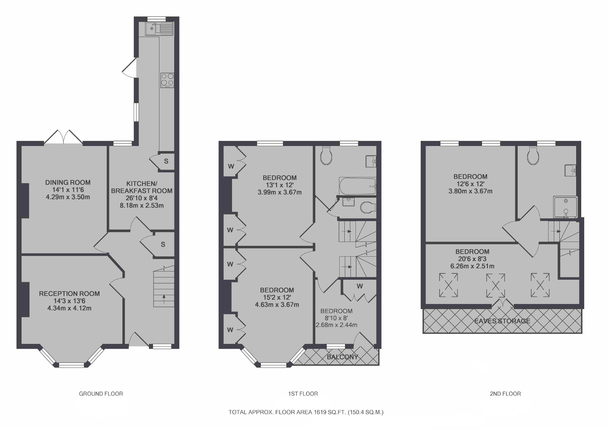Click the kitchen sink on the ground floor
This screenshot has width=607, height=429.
pyautogui.click(x=159, y=29)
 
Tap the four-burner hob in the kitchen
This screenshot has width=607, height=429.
pyautogui.click(x=167, y=80)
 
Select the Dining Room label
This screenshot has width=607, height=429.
pyautogui.click(x=68, y=182)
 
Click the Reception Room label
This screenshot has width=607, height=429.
pyautogui.click(x=69, y=293)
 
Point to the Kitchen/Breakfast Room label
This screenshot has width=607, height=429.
pyautogui.click(x=142, y=187)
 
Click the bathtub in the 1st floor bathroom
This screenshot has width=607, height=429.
pyautogui.click(x=358, y=186)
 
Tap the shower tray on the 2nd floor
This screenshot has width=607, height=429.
pyautogui.click(x=565, y=207)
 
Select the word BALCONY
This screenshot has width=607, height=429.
pyautogui.click(x=343, y=357)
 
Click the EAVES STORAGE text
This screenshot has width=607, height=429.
pyautogui.click(x=502, y=321)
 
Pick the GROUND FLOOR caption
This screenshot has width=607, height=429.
pyautogui.click(x=101, y=394)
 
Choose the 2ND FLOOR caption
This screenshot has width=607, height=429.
pyautogui.click(x=505, y=394)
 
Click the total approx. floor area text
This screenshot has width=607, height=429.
pyautogui.click(x=306, y=412)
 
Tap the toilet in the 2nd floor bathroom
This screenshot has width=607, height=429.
pyautogui.click(x=533, y=156)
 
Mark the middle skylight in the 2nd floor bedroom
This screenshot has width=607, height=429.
pyautogui.click(x=495, y=285)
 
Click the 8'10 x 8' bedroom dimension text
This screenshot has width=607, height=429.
pyautogui.click(x=336, y=318)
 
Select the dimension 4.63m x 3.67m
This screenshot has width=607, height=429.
pyautogui.click(x=277, y=305)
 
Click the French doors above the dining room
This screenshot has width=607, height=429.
pyautogui.click(x=64, y=137)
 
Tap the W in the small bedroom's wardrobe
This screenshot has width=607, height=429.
pyautogui.click(x=360, y=286)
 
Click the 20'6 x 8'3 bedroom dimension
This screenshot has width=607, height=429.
pyautogui.click(x=472, y=259)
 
